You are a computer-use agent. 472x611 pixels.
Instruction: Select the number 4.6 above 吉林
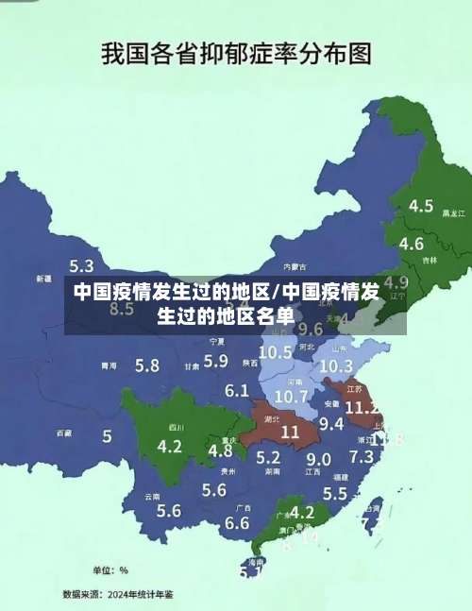412,244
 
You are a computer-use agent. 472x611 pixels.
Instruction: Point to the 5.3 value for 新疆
81,266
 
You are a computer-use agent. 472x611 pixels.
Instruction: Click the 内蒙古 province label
295,266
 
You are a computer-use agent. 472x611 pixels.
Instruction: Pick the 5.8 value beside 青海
146,365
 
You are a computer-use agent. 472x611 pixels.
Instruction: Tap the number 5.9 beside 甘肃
216,360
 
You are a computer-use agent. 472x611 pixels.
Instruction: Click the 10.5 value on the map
275,352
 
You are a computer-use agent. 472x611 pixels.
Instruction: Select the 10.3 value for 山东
336,365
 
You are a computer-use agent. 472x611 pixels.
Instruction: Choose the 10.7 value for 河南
292,396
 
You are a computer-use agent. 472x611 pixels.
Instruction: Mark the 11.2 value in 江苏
362,408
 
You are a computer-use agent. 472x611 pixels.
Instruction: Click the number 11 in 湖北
290,431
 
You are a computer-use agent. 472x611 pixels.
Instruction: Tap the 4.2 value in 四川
170,446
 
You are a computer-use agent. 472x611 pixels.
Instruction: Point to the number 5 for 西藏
107,436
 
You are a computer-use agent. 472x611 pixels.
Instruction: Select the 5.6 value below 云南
169,511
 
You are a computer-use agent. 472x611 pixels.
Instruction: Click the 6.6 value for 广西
237,522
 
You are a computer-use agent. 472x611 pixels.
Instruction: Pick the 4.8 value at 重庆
220,450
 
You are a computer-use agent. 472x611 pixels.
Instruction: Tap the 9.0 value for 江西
318,459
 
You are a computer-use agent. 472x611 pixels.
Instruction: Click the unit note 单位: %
110,570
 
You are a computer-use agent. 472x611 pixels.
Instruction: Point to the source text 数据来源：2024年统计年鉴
118,594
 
